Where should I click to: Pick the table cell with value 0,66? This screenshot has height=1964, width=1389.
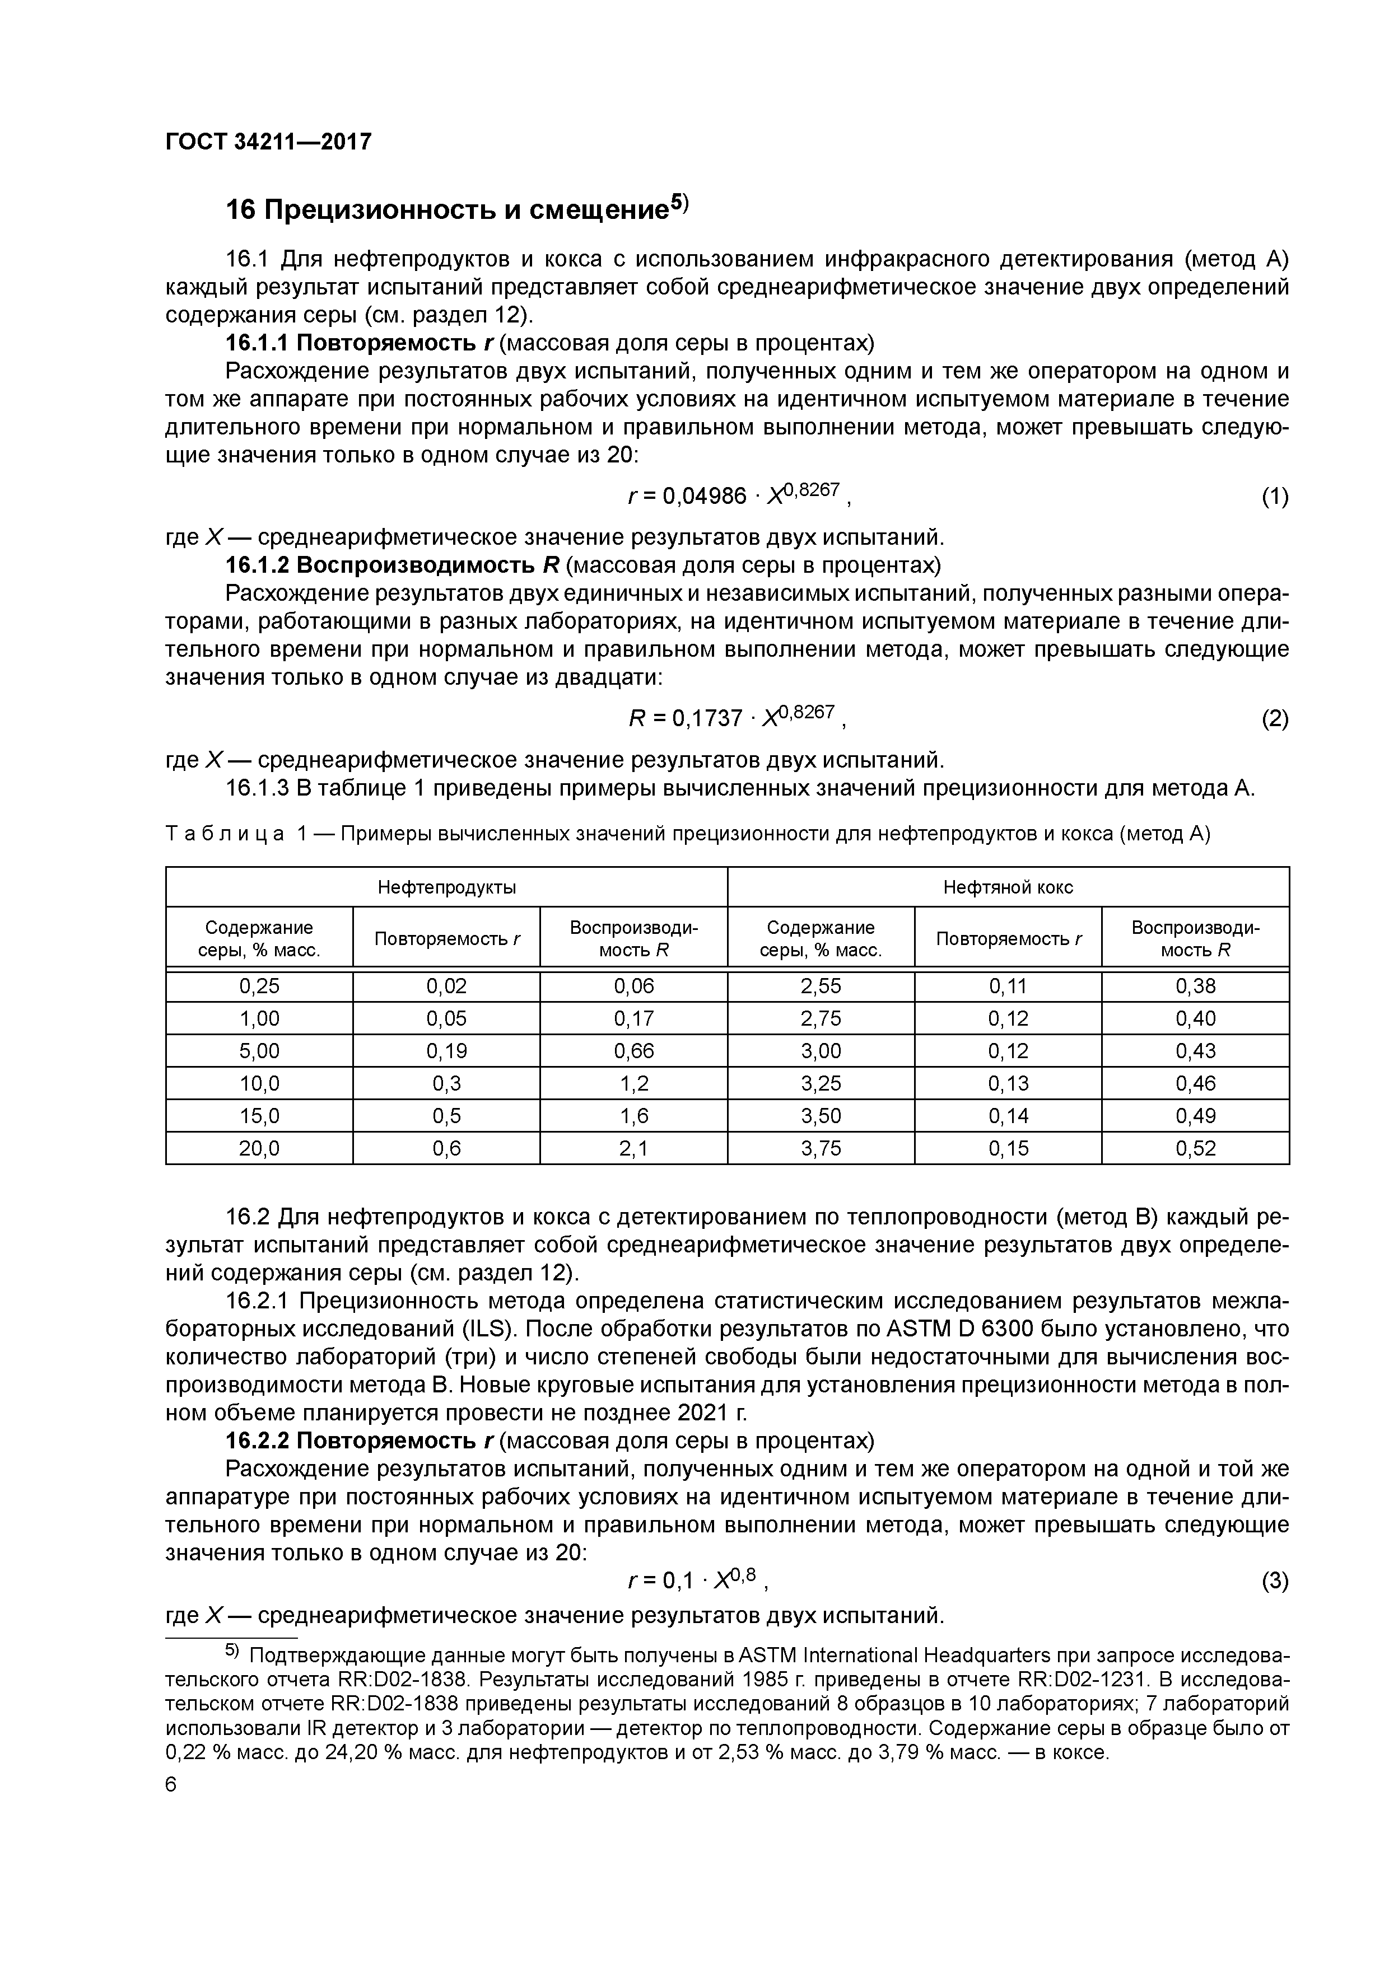pos(633,1050)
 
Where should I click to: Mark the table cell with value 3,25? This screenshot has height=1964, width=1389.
pos(820,1083)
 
